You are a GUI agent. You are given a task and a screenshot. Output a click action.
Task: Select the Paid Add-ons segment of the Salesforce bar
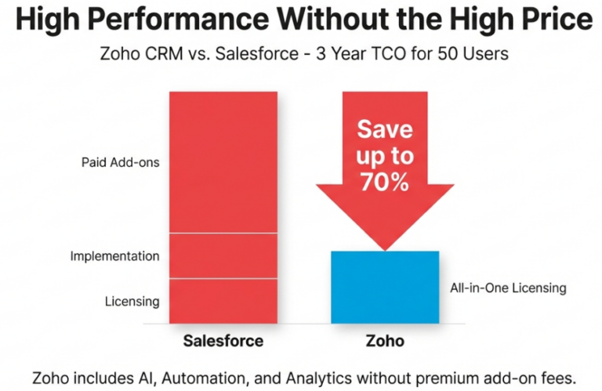tap(223, 162)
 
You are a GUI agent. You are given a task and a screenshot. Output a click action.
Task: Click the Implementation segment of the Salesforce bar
tap(223, 255)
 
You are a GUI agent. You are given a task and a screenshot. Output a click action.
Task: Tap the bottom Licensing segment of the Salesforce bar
tap(223, 301)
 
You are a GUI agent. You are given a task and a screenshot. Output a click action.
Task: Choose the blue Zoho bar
tap(385, 287)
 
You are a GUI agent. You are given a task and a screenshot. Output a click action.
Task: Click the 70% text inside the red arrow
tap(385, 183)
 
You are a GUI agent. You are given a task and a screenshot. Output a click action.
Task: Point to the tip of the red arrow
tap(385, 249)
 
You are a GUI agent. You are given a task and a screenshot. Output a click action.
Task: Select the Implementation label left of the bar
tap(114, 256)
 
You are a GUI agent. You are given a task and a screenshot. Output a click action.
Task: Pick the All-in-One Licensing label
tap(508, 288)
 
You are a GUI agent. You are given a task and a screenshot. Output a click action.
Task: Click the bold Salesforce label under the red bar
tap(223, 341)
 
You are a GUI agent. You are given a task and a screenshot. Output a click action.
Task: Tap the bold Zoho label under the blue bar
tap(385, 341)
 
